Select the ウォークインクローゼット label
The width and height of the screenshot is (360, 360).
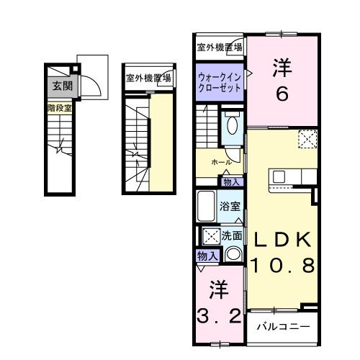(x=219, y=78)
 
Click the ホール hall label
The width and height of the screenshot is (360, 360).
(x=221, y=162)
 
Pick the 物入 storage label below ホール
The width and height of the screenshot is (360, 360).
(x=233, y=181)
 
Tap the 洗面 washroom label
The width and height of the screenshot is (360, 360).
(x=231, y=235)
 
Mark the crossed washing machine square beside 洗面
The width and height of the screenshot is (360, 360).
(x=210, y=235)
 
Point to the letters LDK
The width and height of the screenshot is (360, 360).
(x=282, y=240)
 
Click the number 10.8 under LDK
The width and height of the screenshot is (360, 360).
(x=282, y=266)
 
